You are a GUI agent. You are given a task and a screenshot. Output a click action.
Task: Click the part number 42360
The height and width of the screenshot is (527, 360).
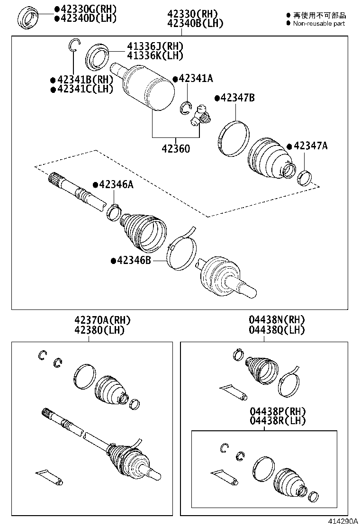tap(176, 149)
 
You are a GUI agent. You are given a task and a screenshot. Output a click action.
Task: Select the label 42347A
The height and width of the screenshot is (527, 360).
tap(310, 145)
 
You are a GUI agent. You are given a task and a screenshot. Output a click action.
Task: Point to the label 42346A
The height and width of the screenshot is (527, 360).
tap(116, 185)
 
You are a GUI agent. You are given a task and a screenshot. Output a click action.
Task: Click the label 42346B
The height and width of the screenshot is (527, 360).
tap(134, 260)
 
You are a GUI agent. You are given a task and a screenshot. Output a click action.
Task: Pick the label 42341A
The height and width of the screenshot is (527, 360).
tap(195, 79)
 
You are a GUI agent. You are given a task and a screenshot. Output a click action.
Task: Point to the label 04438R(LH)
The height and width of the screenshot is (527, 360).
tap(278, 420)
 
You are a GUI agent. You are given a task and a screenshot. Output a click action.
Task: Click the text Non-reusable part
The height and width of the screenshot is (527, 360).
tap(318, 24)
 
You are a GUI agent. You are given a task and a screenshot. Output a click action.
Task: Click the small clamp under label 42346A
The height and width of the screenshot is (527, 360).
tap(114, 211)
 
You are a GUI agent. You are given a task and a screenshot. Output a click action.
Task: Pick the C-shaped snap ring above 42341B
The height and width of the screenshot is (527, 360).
tap(73, 45)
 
